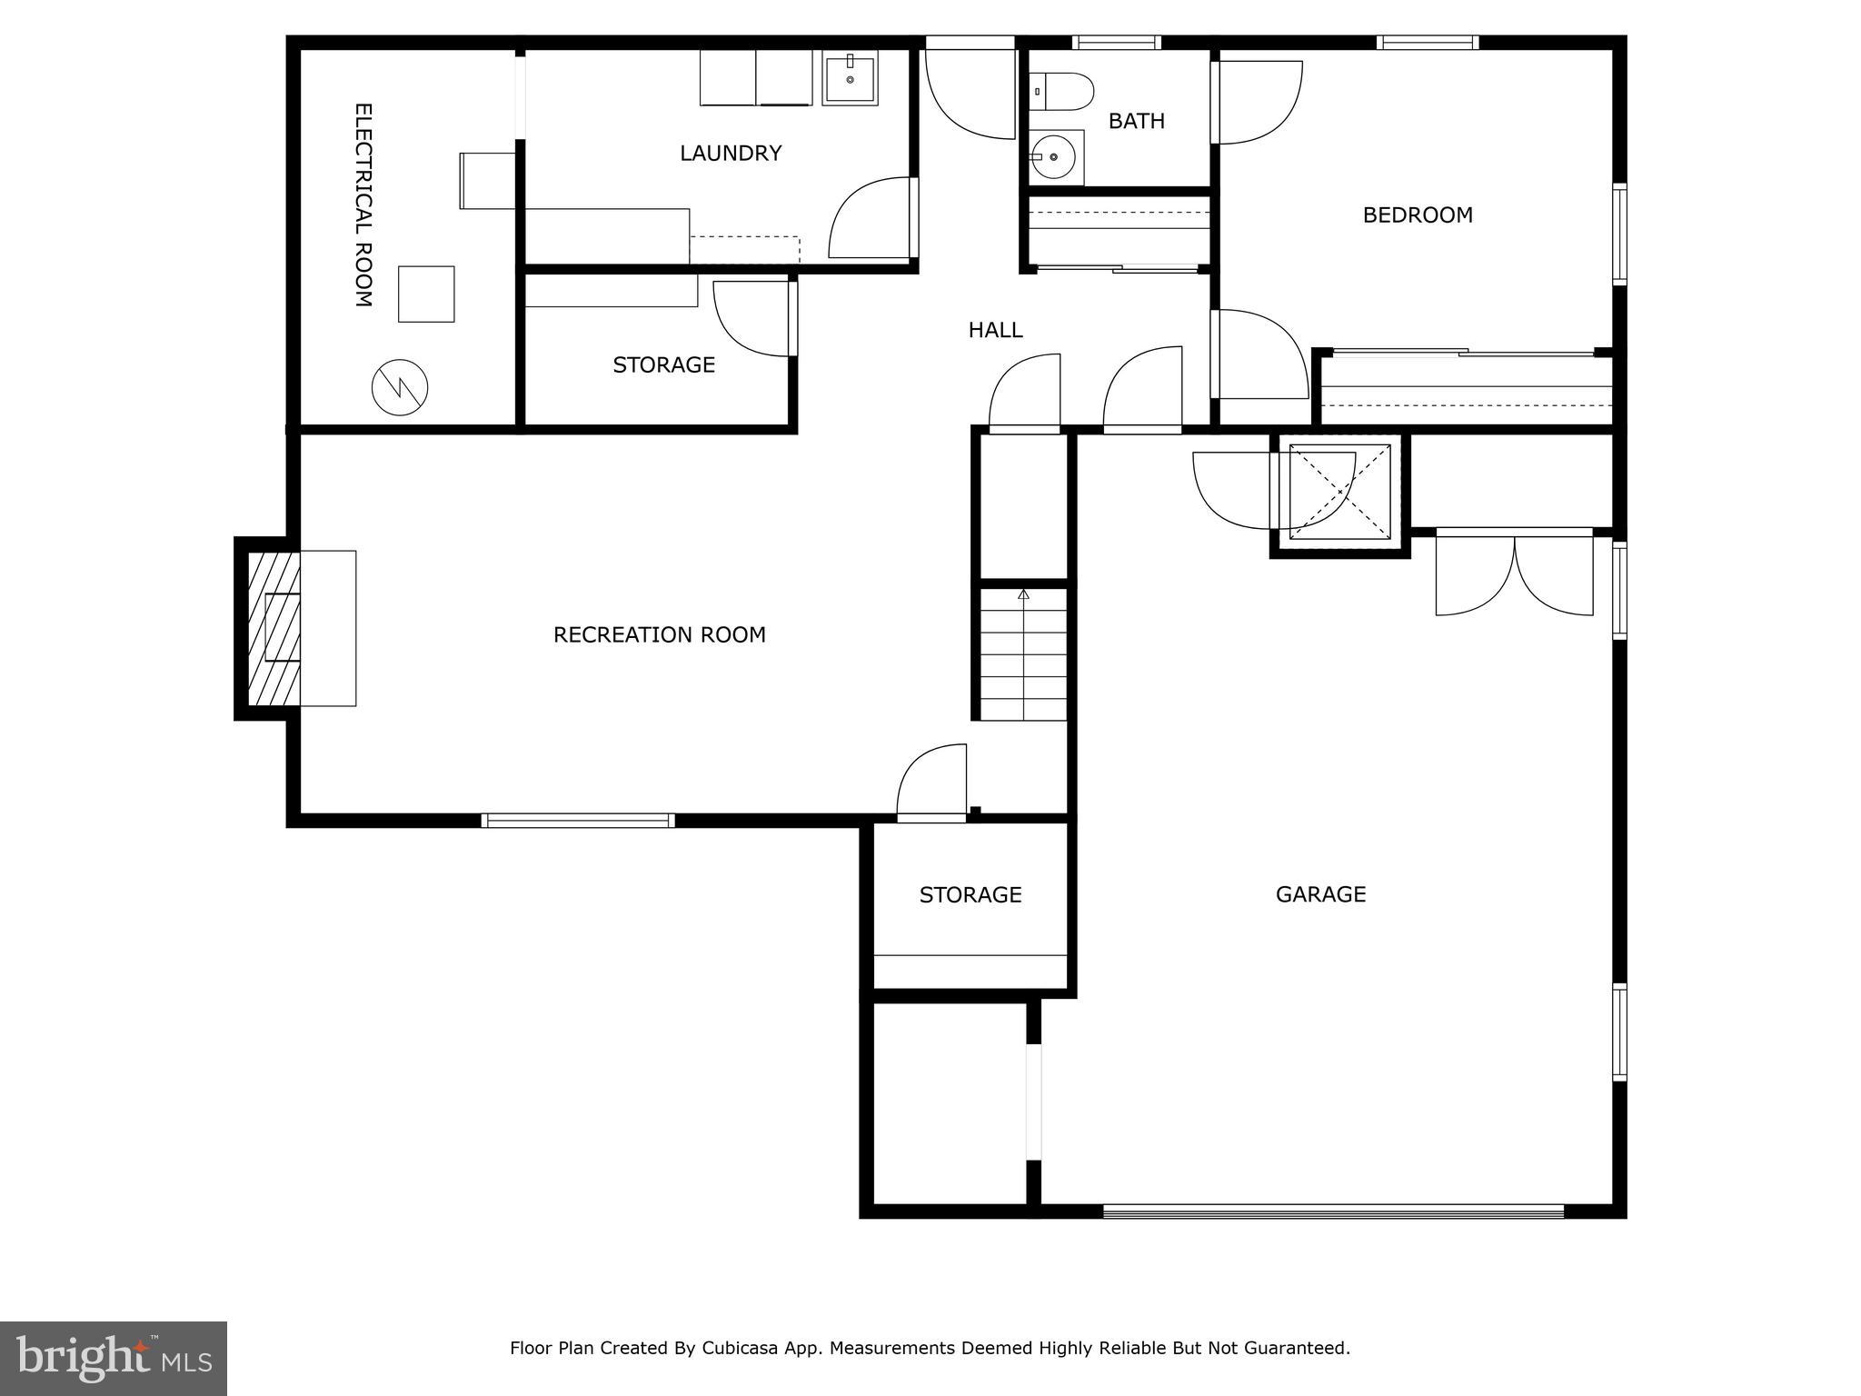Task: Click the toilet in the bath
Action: [1065, 92]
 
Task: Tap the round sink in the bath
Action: [1054, 157]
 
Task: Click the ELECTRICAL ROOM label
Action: [363, 205]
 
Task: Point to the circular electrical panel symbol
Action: [400, 388]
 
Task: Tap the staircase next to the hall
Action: [1024, 654]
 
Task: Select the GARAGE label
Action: [1320, 894]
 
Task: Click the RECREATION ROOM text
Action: [660, 634]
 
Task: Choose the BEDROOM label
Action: [1418, 215]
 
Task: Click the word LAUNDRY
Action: [731, 153]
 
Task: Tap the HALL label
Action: [995, 330]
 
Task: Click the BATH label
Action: [1136, 121]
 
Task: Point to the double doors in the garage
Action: [1514, 576]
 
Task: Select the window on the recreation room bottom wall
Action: [578, 821]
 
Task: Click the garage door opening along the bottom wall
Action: [1333, 1211]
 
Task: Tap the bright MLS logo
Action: [114, 1358]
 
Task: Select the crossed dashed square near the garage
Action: [1340, 492]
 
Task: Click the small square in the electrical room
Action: [426, 294]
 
